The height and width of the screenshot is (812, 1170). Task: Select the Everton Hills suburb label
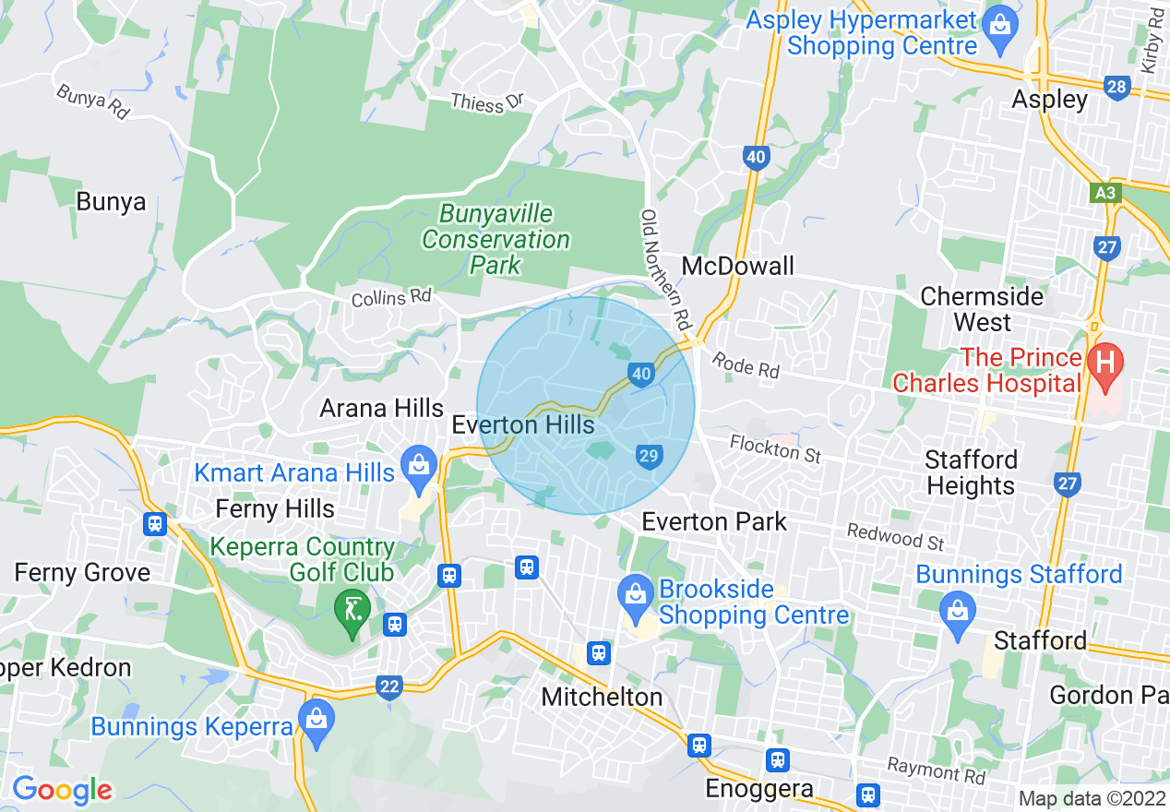point(523,425)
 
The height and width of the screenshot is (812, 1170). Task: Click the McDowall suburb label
point(737,267)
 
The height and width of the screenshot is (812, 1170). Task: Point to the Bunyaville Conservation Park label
point(496,240)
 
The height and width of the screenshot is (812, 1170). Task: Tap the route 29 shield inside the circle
point(648,455)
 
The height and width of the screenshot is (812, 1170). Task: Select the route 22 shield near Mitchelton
point(389,686)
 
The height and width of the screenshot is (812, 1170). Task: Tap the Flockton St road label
point(775,449)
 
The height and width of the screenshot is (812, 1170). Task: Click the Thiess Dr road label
point(486,102)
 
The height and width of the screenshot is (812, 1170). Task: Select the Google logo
point(62,791)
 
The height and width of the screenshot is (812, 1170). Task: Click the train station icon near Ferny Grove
point(155,524)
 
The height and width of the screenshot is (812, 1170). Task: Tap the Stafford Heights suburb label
point(972,472)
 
